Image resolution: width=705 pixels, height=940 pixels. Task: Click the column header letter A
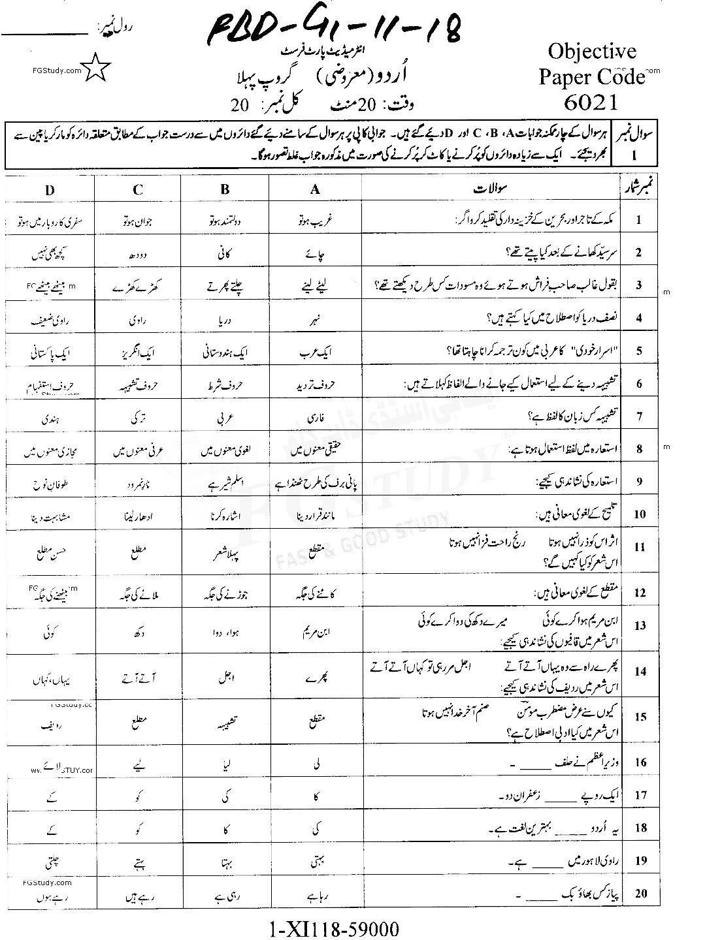pyautogui.click(x=315, y=189)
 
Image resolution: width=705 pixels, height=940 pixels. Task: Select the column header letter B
pyautogui.click(x=225, y=189)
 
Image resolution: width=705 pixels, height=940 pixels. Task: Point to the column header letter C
pyautogui.click(x=137, y=189)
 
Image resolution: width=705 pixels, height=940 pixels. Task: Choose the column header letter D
pyautogui.click(x=50, y=189)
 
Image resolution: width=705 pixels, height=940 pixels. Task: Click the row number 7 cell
pyautogui.click(x=639, y=416)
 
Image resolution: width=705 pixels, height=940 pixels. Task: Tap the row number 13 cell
pyautogui.click(x=639, y=625)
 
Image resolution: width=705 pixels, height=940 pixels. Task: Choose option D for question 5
pyautogui.click(x=50, y=353)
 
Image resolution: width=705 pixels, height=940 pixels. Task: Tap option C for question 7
pyautogui.click(x=137, y=416)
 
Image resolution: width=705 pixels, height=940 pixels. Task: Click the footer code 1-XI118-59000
pyautogui.click(x=333, y=928)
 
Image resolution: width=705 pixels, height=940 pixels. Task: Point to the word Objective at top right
pyautogui.click(x=592, y=52)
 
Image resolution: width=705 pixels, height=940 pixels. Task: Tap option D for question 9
pyautogui.click(x=50, y=484)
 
